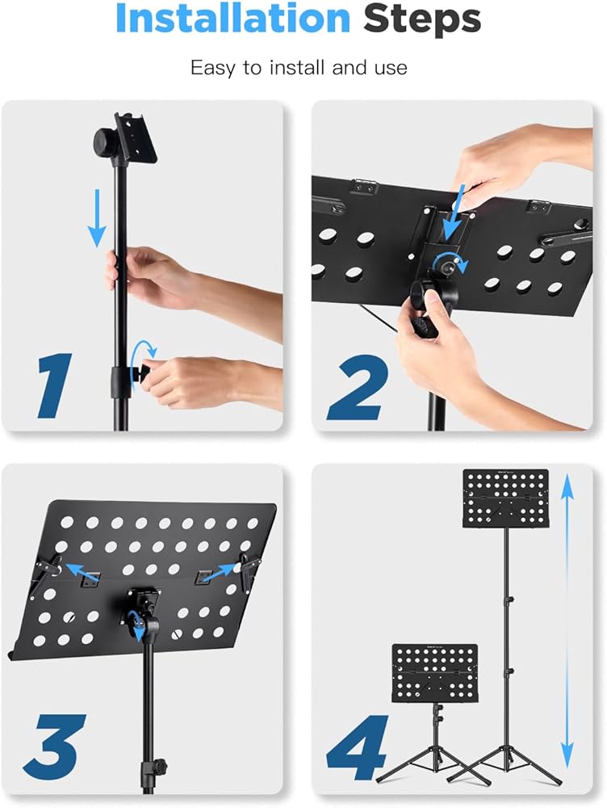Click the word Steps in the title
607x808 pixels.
pos(422,19)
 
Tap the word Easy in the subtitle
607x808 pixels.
pos(211,68)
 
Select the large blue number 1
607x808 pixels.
pos(55,385)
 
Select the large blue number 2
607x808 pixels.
pos(358,387)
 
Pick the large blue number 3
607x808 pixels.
pos(55,747)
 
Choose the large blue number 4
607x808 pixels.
pos(357,748)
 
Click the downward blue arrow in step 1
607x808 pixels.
pos(97,217)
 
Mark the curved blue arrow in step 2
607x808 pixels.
pos(450,261)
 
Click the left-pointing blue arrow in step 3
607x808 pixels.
pos(82,571)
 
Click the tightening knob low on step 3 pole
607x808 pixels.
pos(159,767)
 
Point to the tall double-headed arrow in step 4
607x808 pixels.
pos(567,621)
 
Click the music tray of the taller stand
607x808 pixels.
pos(505,498)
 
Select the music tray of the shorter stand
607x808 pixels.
pos(435,673)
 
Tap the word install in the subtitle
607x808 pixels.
pos(296,68)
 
